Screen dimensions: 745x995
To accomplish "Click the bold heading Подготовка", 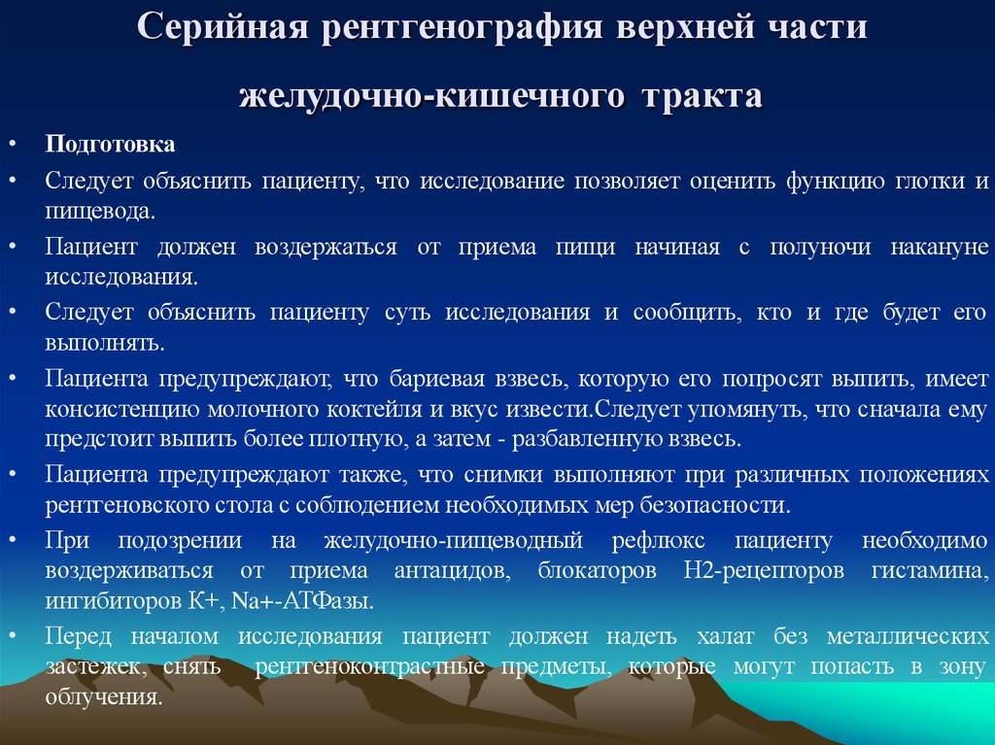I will tap(110, 145).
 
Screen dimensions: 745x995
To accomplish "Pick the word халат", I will tap(722, 636).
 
